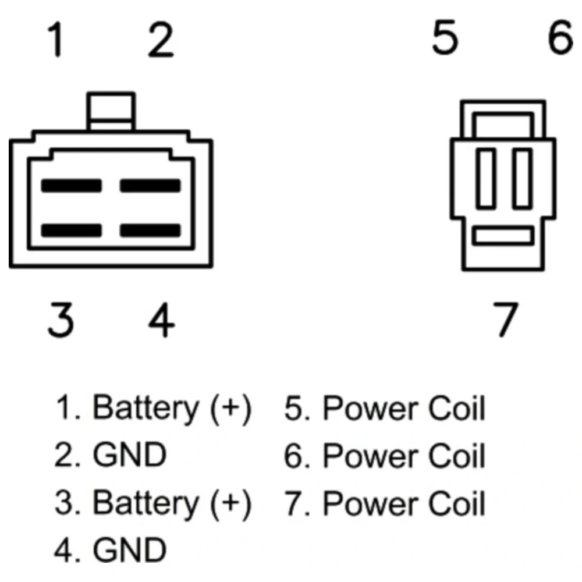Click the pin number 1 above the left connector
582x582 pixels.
(56, 41)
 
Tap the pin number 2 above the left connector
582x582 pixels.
(160, 41)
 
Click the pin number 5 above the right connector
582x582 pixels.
(445, 39)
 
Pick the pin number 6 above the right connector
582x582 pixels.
(560, 39)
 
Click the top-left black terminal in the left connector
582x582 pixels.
(71, 186)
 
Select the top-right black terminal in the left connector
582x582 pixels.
(150, 186)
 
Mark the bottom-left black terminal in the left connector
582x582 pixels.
(71, 230)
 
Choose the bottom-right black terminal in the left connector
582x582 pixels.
(150, 230)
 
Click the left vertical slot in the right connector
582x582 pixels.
(485, 178)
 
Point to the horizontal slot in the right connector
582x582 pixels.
(503, 236)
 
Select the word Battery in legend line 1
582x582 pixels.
(145, 409)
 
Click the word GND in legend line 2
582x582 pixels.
(129, 456)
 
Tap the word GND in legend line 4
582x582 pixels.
(129, 550)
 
